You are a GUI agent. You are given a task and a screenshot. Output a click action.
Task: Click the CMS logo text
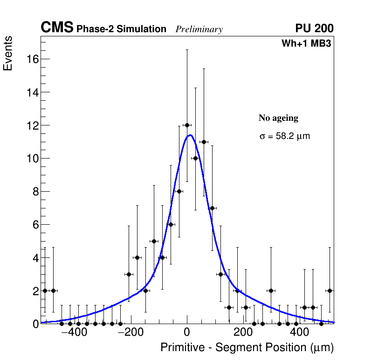click(x=57, y=28)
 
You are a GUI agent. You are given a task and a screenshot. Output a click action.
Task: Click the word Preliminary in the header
click(x=199, y=29)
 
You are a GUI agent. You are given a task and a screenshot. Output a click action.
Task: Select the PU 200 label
click(x=314, y=28)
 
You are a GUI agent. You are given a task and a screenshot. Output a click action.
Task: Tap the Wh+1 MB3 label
click(x=306, y=44)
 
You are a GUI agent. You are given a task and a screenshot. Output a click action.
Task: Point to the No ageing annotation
click(x=278, y=118)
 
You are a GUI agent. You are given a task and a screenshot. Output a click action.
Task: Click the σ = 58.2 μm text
click(x=284, y=137)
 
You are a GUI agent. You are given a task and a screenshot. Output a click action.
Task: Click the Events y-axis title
click(x=8, y=53)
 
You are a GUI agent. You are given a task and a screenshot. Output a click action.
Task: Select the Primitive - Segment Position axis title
click(x=247, y=347)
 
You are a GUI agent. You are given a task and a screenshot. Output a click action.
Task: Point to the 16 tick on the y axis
click(x=32, y=59)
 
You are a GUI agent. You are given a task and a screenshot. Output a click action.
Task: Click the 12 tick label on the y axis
click(x=32, y=125)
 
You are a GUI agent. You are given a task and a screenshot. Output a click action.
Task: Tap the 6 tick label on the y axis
click(x=34, y=225)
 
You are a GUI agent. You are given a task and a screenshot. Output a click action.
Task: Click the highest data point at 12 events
click(x=187, y=125)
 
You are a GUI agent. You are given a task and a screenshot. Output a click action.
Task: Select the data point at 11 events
click(x=204, y=142)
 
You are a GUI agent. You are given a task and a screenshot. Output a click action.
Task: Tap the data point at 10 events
click(x=195, y=158)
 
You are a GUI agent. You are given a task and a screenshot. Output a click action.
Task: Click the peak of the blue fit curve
click(x=190, y=135)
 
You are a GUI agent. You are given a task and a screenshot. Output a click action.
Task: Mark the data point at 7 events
click(x=212, y=208)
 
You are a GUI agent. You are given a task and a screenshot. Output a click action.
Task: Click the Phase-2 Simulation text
click(x=121, y=29)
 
